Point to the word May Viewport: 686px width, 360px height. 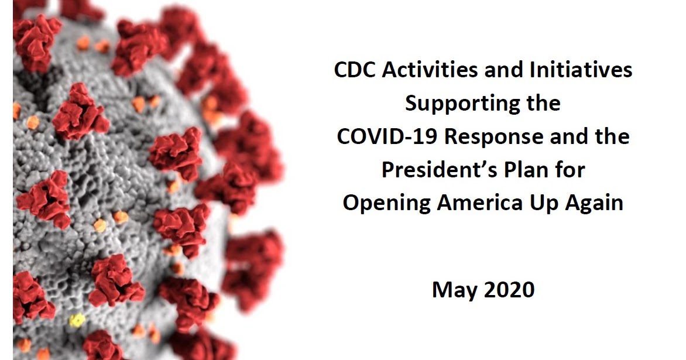click(454, 289)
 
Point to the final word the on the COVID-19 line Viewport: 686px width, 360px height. click(609, 136)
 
